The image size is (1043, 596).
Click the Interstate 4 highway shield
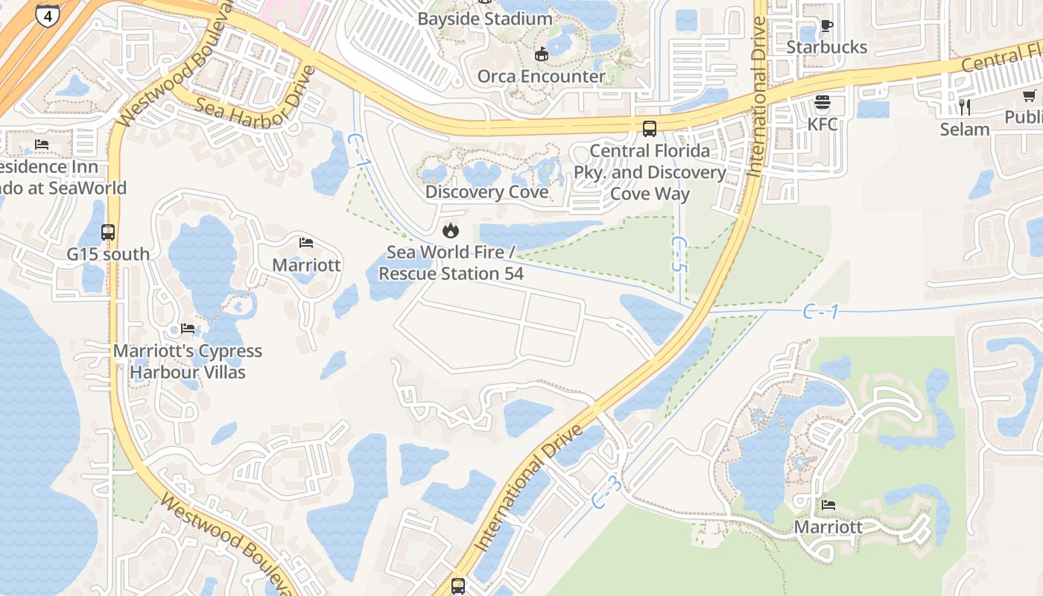pyautogui.click(x=47, y=14)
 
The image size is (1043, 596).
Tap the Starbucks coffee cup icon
pyautogui.click(x=826, y=25)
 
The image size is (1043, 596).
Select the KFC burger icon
pyautogui.click(x=822, y=102)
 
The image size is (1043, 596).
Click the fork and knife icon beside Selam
pyautogui.click(x=964, y=107)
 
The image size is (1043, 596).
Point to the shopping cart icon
pyautogui.click(x=1030, y=95)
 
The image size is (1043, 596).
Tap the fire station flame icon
pyautogui.click(x=451, y=230)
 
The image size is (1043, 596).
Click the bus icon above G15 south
pyautogui.click(x=108, y=232)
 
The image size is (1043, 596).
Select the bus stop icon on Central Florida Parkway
pyautogui.click(x=650, y=129)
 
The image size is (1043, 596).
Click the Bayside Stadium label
pyautogui.click(x=485, y=19)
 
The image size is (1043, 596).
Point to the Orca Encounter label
pyautogui.click(x=542, y=76)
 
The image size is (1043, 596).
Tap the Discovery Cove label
pyautogui.click(x=486, y=192)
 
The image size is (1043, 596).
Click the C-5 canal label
pyautogui.click(x=679, y=254)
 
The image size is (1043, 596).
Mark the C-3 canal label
pyautogui.click(x=606, y=493)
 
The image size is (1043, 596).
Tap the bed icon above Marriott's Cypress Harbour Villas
pyautogui.click(x=188, y=328)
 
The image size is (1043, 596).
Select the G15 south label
pyautogui.click(x=108, y=254)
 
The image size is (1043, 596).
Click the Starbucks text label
pyautogui.click(x=827, y=47)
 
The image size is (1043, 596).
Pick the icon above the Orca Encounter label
pyautogui.click(x=542, y=54)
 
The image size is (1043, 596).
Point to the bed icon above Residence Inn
pyautogui.click(x=42, y=144)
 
